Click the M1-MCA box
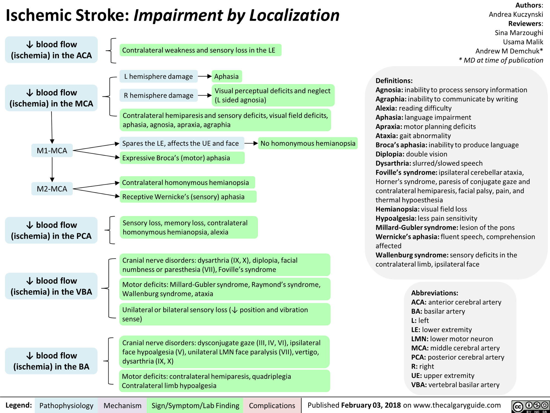[x=52, y=151]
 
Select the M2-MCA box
[x=52, y=189]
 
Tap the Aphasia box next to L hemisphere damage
[x=226, y=76]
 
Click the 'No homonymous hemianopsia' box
[x=308, y=143]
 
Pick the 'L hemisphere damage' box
[x=158, y=77]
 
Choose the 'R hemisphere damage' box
[x=158, y=95]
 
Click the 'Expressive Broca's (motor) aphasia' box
[x=182, y=158]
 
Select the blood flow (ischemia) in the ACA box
[x=51, y=50]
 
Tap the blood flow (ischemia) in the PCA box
[x=51, y=230]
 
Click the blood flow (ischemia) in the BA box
[x=51, y=361]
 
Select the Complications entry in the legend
[x=272, y=406]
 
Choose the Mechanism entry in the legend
[x=122, y=406]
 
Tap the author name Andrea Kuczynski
[x=516, y=14]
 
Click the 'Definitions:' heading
[x=394, y=81]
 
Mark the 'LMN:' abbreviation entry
[x=420, y=339]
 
